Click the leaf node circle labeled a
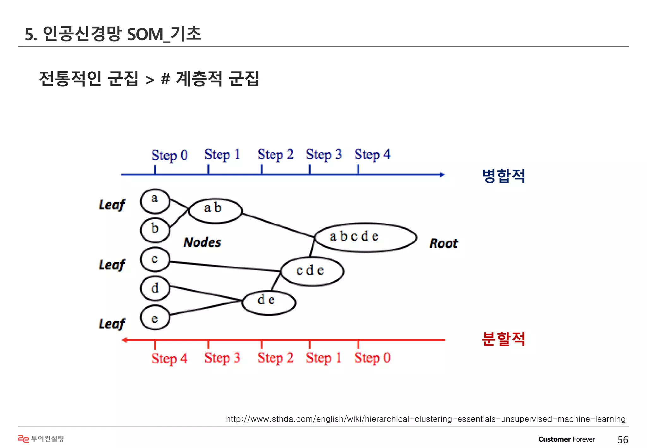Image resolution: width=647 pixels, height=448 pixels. coord(155,201)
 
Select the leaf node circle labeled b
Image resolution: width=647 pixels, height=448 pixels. coord(155,230)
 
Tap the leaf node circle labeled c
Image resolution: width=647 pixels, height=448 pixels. coord(155,259)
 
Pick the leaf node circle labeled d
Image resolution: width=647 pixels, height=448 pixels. coord(155,288)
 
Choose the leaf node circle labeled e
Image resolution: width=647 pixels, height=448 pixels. coord(155,318)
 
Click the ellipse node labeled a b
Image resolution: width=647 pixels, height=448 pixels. coord(215,211)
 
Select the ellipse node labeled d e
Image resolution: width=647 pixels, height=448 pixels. coord(269,302)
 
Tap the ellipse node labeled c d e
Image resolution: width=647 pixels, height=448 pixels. coord(312,271)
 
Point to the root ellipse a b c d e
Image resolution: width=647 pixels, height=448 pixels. coord(366,238)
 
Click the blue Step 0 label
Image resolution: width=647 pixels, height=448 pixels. coord(170,155)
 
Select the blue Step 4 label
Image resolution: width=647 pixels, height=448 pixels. coord(372,155)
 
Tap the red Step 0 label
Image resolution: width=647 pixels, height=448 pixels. coord(372,358)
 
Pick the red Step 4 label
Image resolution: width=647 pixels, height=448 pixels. coord(170,359)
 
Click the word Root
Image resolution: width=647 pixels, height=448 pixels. coord(444,243)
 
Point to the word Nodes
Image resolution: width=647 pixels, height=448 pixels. coord(202,242)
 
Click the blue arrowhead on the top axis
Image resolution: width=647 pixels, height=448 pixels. coord(442,175)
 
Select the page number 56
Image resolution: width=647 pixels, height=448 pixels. coord(623,439)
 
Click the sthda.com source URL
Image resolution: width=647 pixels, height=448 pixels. coord(426,419)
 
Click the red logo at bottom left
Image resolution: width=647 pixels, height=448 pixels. coord(23,439)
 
